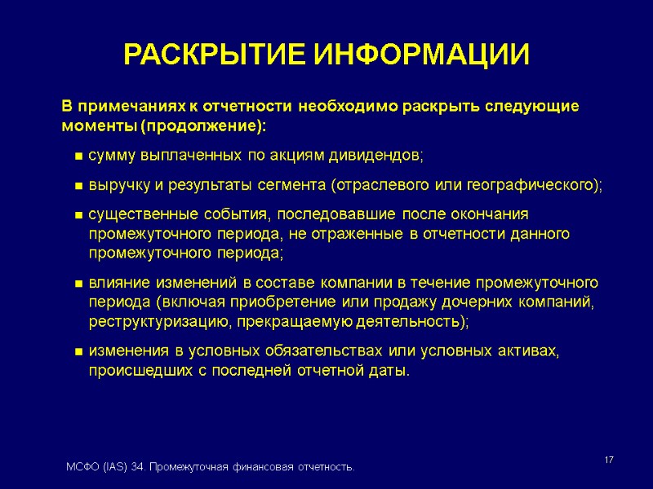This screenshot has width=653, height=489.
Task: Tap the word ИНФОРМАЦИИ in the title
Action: (x=422, y=55)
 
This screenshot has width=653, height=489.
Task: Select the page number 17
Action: (x=608, y=462)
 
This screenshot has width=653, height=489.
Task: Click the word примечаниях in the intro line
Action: (x=131, y=107)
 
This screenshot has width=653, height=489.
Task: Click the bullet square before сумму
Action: (x=78, y=156)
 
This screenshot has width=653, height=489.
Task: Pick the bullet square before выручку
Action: (x=78, y=186)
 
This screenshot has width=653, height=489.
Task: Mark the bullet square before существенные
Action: (x=78, y=215)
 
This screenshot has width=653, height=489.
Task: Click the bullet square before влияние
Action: (x=78, y=284)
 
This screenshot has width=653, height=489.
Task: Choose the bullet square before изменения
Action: (x=78, y=351)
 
